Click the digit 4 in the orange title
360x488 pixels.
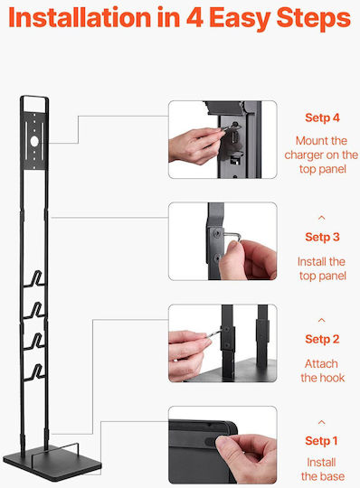(194, 17)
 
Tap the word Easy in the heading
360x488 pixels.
(240, 19)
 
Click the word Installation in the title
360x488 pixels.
(80, 17)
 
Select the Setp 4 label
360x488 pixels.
(322, 118)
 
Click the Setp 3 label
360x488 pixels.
(322, 237)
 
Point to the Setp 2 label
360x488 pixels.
(322, 339)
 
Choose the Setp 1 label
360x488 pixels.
(321, 441)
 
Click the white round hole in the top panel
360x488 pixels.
(34, 141)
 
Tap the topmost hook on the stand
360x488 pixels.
(35, 278)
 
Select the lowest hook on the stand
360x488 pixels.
(35, 371)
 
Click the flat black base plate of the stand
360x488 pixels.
(52, 462)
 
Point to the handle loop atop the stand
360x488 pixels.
(34, 98)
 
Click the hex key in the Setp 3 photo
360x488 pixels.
(231, 236)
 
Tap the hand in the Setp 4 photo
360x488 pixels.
(194, 145)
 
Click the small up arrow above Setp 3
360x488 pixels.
(322, 218)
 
